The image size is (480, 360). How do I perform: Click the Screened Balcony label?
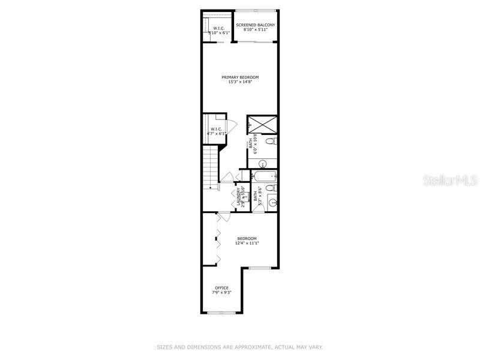click(x=256, y=25)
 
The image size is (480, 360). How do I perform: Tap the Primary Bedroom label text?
click(x=240, y=77)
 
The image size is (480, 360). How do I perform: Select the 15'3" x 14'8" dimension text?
click(x=240, y=82)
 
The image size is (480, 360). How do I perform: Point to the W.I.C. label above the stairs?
click(x=217, y=129)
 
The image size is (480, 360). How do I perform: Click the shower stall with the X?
click(x=262, y=124)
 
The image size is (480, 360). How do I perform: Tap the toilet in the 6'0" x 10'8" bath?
click(x=271, y=142)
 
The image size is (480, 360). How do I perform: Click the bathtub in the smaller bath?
click(x=264, y=176)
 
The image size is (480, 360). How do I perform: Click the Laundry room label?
click(x=238, y=196)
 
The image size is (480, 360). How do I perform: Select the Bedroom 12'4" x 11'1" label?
click(x=247, y=240)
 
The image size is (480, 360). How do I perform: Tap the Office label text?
click(x=221, y=288)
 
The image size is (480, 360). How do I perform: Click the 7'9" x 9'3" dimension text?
click(x=221, y=293)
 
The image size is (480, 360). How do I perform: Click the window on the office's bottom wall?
click(x=221, y=313)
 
